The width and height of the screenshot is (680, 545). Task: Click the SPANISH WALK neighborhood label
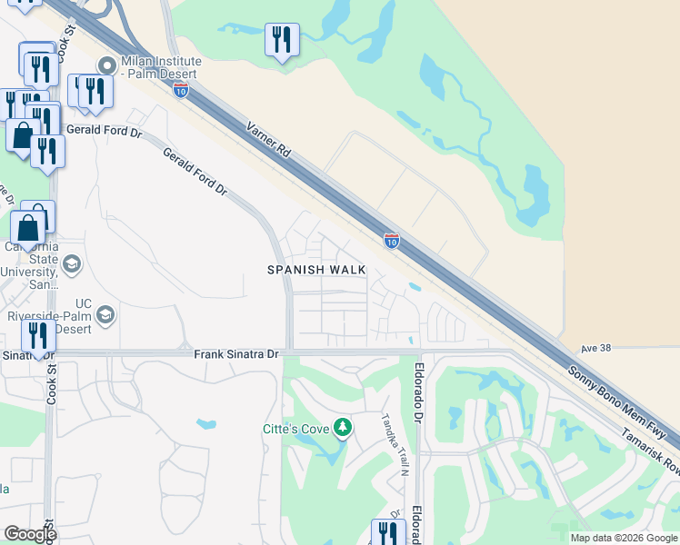tap(316, 270)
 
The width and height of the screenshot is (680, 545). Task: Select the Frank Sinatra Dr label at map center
tap(235, 352)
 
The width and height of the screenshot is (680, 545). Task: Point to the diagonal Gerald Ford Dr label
tap(194, 172)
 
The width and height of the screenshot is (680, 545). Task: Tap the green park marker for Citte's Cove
tap(342, 427)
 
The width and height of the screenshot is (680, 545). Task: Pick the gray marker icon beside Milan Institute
tap(106, 65)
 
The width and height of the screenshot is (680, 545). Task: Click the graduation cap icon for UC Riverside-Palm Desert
tap(105, 315)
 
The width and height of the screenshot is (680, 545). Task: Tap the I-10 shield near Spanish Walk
tap(391, 241)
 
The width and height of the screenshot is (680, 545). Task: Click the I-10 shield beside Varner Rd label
tap(181, 89)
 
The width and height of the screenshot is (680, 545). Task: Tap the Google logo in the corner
tap(30, 534)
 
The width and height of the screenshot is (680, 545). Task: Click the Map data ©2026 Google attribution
tap(624, 538)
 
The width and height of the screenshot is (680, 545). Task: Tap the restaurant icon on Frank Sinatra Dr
tap(38, 336)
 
